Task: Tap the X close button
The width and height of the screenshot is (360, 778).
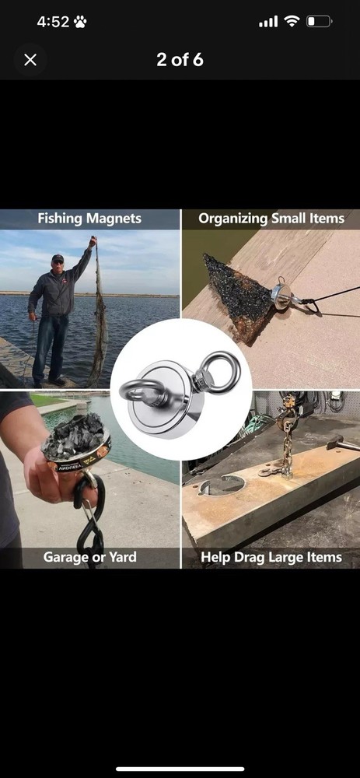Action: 30,60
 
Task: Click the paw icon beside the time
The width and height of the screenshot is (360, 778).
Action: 80,22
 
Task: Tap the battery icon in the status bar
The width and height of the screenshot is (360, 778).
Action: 319,21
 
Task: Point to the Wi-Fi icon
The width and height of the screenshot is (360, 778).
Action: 292,21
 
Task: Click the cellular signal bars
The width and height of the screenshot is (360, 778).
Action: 268,22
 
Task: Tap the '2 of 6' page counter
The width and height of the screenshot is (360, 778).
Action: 180,60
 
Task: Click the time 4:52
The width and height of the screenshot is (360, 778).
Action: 53,22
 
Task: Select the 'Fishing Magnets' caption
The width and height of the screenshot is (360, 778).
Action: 89,219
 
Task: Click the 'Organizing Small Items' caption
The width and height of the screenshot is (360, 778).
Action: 271,219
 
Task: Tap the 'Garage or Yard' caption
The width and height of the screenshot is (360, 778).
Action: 89,557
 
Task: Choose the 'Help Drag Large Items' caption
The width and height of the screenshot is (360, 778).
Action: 271,557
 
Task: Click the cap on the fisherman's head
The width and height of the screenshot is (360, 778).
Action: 58,258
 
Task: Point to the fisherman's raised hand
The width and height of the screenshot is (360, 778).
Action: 93,242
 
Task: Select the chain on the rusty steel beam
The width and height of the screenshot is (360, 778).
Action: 287,454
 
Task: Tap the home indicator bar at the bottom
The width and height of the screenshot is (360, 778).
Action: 180,769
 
